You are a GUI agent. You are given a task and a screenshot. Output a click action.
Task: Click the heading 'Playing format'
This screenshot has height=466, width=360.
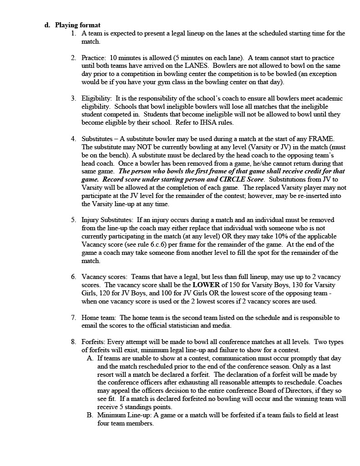pyautogui.click(x=77, y=25)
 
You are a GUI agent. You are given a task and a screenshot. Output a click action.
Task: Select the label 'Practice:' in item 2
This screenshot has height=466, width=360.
pyautogui.click(x=94, y=58)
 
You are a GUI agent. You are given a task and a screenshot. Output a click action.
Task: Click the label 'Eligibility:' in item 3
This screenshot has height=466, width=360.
pyautogui.click(x=96, y=98)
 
